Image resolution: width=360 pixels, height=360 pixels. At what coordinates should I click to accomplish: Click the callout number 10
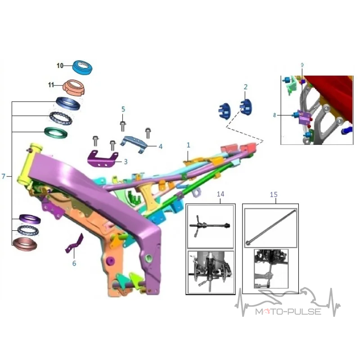(60, 66)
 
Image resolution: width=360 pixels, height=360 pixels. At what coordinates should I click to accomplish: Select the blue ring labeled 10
(82, 68)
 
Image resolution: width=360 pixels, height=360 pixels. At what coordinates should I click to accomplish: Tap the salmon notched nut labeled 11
(74, 87)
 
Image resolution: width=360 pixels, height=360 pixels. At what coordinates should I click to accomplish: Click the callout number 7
(3, 176)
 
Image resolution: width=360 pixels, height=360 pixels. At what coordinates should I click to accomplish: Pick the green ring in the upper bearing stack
(56, 133)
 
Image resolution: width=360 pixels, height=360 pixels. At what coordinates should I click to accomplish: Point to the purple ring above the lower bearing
(30, 219)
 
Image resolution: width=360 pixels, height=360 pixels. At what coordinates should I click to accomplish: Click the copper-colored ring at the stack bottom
(25, 244)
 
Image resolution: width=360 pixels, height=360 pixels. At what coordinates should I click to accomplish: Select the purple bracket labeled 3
(103, 159)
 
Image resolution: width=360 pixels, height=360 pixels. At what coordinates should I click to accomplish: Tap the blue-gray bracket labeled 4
(134, 144)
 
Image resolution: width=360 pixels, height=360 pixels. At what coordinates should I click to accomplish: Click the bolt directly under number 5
(123, 126)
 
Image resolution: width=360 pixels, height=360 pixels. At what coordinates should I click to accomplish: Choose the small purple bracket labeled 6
(75, 243)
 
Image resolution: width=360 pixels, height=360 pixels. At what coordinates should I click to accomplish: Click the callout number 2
(245, 87)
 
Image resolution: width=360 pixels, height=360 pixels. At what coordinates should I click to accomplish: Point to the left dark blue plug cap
(224, 111)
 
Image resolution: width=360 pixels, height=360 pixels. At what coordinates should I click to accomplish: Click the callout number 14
(220, 194)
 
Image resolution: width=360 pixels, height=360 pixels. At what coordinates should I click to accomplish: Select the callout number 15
(274, 195)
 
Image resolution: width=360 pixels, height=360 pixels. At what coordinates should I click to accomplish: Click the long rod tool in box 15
(271, 227)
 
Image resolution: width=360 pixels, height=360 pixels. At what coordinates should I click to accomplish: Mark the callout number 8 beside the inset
(274, 115)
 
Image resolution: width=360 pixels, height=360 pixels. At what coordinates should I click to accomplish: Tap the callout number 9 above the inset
(302, 65)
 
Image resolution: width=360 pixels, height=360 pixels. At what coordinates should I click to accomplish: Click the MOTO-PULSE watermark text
(288, 311)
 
